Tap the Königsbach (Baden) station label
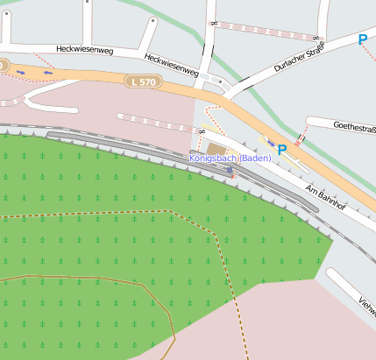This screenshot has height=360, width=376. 231,158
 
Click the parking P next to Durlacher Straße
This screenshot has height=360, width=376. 362,39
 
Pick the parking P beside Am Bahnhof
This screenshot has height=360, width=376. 282,150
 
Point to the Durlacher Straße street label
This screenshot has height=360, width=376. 298,56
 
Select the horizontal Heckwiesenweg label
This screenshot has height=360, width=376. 85,50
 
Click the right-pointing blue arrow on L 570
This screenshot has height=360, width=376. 19,72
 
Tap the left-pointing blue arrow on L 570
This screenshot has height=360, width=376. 47,73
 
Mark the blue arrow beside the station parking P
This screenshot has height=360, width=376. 271,142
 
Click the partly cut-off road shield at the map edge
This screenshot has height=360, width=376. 3,66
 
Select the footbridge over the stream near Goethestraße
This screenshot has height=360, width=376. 302,136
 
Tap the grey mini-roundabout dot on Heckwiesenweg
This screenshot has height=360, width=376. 222,83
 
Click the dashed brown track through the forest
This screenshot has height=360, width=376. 88,212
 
